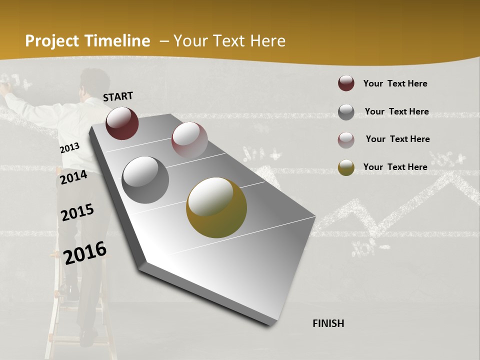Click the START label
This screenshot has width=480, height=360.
(x=118, y=96)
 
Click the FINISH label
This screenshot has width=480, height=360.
(x=328, y=323)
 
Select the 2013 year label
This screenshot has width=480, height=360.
(x=69, y=148)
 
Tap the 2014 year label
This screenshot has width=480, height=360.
(x=73, y=177)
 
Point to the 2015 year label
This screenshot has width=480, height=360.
(x=77, y=212)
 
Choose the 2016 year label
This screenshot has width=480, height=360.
(x=85, y=252)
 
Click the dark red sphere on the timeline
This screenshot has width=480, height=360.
(x=122, y=123)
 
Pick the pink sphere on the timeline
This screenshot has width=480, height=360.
(x=189, y=139)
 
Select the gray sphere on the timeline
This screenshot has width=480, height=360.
(x=145, y=179)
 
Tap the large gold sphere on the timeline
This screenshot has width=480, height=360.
(x=216, y=207)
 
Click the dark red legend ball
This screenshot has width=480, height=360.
(x=346, y=83)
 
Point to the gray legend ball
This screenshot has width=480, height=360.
(x=346, y=112)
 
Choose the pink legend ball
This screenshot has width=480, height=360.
(x=346, y=140)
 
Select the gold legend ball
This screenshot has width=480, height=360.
(x=346, y=167)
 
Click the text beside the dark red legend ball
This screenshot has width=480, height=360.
(x=395, y=83)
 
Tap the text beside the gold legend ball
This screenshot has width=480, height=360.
(x=395, y=167)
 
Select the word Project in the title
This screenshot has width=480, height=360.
(x=52, y=41)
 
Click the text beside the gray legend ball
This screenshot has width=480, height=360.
(x=396, y=111)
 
